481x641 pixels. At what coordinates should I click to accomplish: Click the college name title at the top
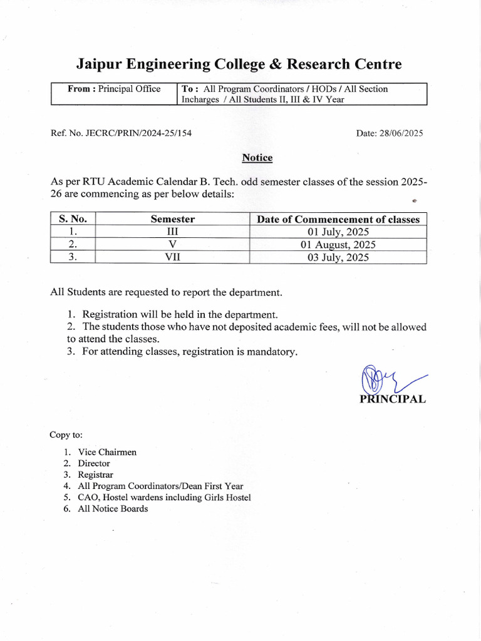tap(239, 64)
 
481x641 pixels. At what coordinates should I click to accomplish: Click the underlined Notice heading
tap(257, 158)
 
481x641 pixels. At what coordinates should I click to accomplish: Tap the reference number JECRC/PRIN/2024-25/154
tap(120, 133)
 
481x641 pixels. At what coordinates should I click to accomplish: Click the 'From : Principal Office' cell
tap(114, 89)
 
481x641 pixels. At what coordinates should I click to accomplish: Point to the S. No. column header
tap(73, 219)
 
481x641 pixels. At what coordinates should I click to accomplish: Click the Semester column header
tap(172, 219)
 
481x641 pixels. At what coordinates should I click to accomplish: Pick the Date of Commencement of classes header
tap(338, 219)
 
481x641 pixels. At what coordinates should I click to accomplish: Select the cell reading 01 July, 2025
tap(338, 232)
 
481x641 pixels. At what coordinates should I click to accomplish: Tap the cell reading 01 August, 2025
tap(338, 244)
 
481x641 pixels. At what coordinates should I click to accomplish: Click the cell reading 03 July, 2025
tap(338, 257)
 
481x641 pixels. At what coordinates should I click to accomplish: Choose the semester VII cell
tap(172, 257)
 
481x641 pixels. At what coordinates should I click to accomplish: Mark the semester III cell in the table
tap(172, 232)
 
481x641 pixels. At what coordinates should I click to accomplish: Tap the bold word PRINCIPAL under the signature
tap(393, 399)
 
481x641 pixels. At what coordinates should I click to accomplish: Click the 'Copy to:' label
tap(66, 434)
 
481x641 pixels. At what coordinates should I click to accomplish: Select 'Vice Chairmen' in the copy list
tap(107, 452)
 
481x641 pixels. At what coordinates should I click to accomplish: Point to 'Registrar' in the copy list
tap(96, 474)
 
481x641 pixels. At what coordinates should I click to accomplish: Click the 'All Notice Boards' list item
tap(113, 508)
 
